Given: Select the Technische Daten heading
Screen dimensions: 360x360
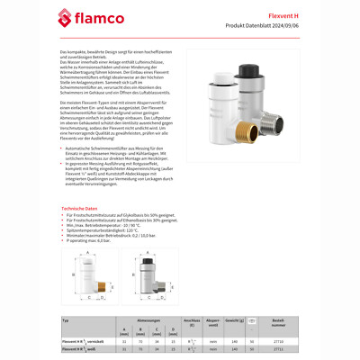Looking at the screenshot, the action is coord(80,208).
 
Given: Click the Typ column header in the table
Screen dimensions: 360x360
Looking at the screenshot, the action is coord(66,319).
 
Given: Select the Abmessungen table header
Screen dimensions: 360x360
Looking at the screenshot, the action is coord(149,319).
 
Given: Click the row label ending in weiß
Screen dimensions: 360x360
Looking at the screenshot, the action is coord(79,349).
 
